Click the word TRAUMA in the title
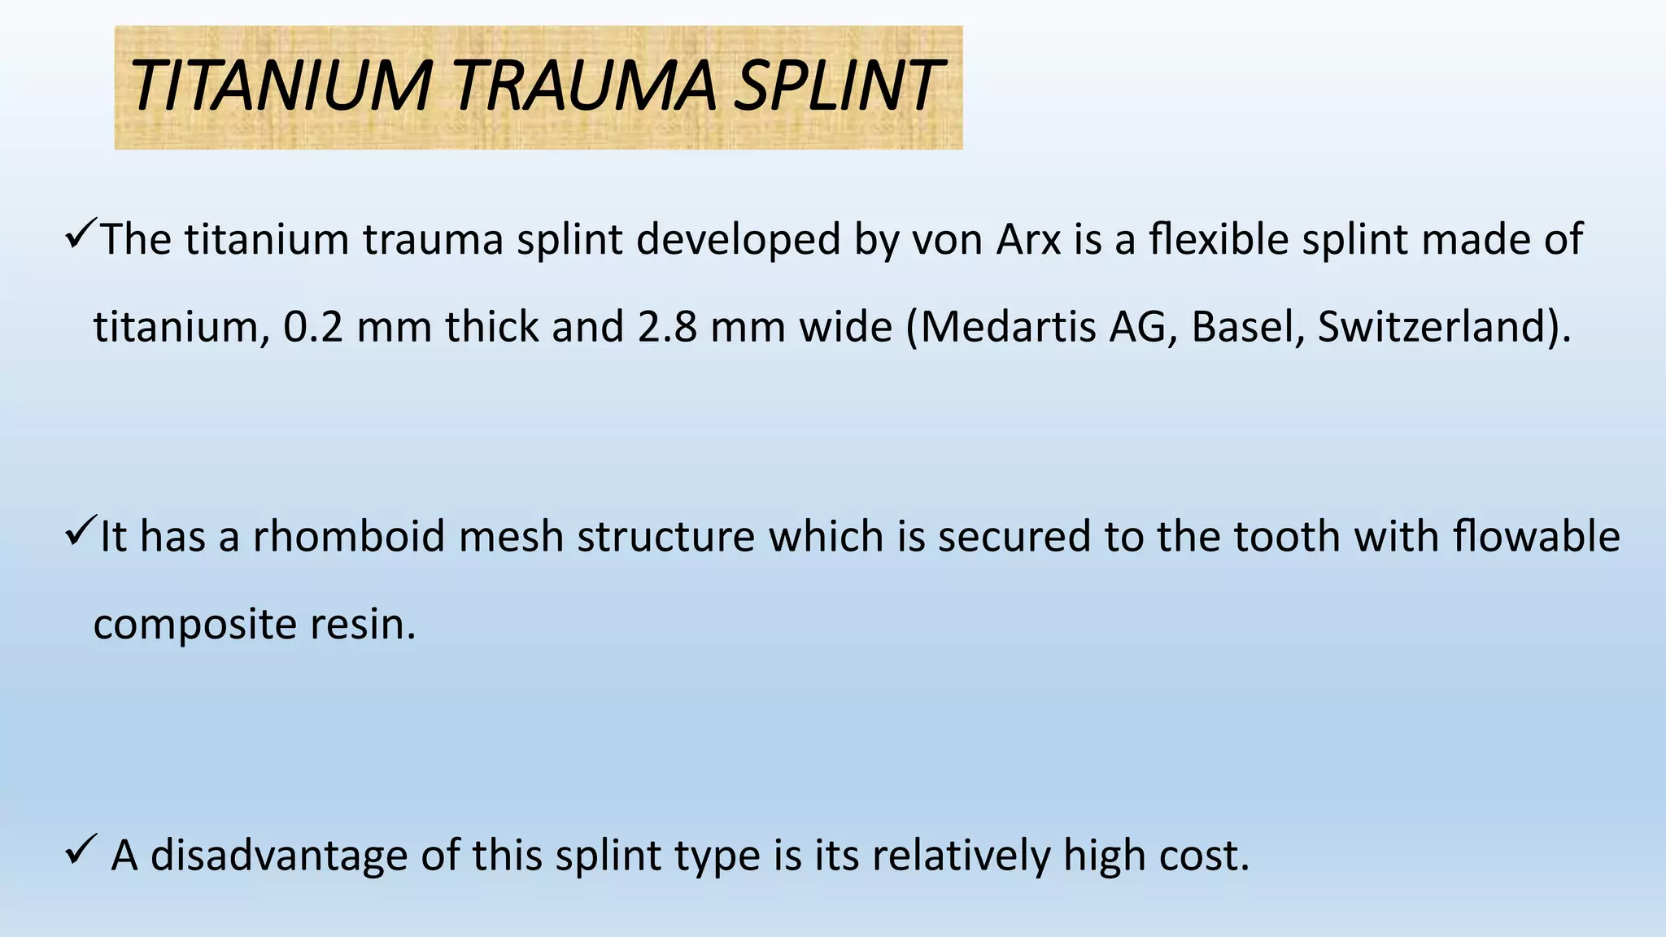coord(584,87)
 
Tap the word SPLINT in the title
coord(836,87)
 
